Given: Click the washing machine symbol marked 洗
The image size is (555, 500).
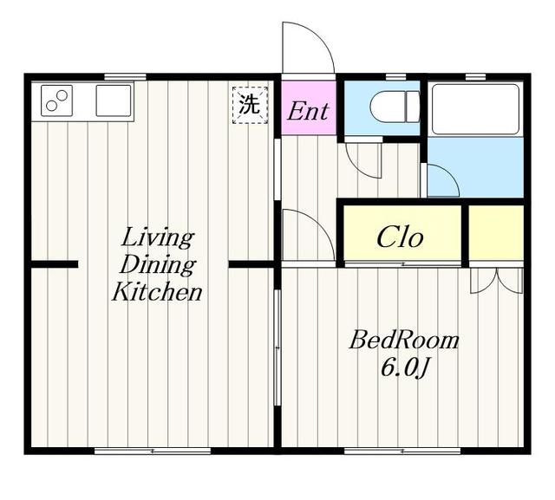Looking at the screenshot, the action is [x=250, y=105].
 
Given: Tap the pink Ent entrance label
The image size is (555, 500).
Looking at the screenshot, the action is [x=308, y=111].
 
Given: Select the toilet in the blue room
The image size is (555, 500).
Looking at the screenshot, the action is [x=395, y=107].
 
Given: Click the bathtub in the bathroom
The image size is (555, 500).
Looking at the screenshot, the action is [x=475, y=109].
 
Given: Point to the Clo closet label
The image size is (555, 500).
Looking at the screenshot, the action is [x=400, y=237].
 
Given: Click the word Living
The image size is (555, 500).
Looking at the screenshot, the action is [x=158, y=237].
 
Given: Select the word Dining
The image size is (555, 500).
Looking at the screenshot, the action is [x=158, y=264].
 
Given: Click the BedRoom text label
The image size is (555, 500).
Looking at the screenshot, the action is [x=404, y=340].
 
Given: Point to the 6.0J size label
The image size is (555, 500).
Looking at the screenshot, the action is [x=404, y=368].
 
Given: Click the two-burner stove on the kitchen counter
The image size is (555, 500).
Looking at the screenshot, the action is [x=56, y=101].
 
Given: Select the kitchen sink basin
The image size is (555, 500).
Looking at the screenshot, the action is [x=114, y=101].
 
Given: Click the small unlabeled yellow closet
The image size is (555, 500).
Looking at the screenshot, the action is [x=496, y=232].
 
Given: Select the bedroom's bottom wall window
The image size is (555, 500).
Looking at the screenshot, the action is [x=402, y=451].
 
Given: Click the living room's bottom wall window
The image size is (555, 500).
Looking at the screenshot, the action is [x=153, y=451].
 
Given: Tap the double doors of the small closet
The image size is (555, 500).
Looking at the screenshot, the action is [x=497, y=281].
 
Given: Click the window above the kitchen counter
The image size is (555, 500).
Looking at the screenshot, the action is [x=125, y=77].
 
